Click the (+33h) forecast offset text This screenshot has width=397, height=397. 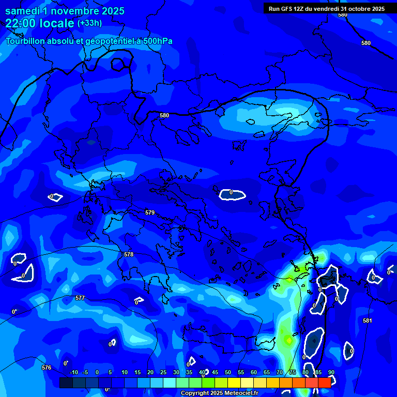click(89, 23)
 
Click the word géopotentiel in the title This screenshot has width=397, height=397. click(110, 41)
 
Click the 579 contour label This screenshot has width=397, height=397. click(150, 212)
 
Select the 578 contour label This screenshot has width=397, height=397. click(129, 254)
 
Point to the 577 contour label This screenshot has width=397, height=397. click(80, 298)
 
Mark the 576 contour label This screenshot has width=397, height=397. click(47, 368)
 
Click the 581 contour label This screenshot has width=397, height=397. click(367, 321)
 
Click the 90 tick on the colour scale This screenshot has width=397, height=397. click(331, 372)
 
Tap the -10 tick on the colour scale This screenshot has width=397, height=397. click(73, 372)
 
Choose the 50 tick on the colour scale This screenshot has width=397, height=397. click(228, 372)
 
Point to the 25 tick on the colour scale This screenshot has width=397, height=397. click(163, 372)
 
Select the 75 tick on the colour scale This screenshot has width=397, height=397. click(293, 372)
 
